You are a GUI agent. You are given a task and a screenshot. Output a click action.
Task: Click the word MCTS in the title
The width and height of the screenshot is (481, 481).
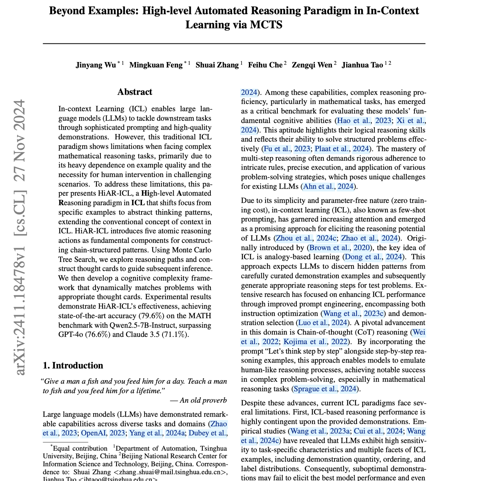(x=266, y=25)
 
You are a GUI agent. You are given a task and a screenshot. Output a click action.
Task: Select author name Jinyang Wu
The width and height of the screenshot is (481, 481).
(x=96, y=65)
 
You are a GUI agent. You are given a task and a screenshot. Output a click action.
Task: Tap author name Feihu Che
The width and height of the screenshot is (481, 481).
(x=265, y=65)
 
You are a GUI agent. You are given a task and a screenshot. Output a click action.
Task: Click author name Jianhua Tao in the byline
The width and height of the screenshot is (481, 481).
(x=362, y=65)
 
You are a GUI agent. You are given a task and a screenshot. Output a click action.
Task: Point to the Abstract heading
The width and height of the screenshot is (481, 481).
(x=135, y=92)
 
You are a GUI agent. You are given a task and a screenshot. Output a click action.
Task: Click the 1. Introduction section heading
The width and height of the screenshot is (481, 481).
(x=73, y=366)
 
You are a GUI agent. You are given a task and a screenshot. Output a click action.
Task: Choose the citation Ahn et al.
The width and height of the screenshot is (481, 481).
(x=319, y=186)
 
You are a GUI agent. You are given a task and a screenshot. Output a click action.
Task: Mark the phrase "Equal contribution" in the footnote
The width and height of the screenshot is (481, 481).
(x=80, y=449)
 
